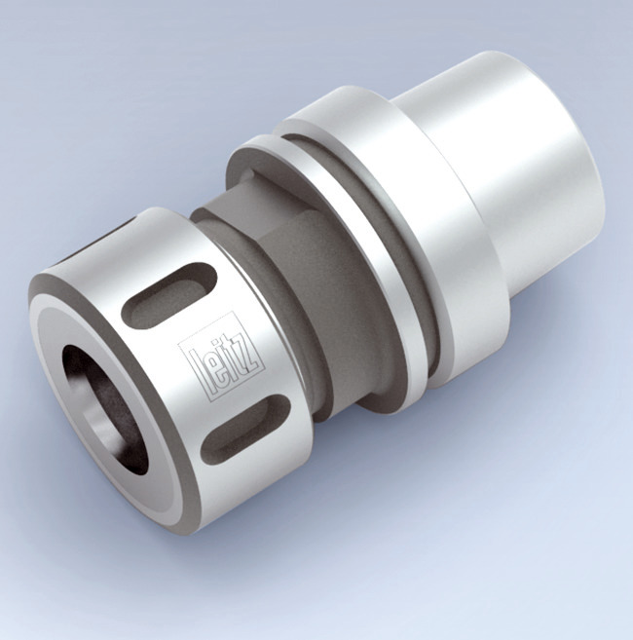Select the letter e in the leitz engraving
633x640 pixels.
tap(205, 367)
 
